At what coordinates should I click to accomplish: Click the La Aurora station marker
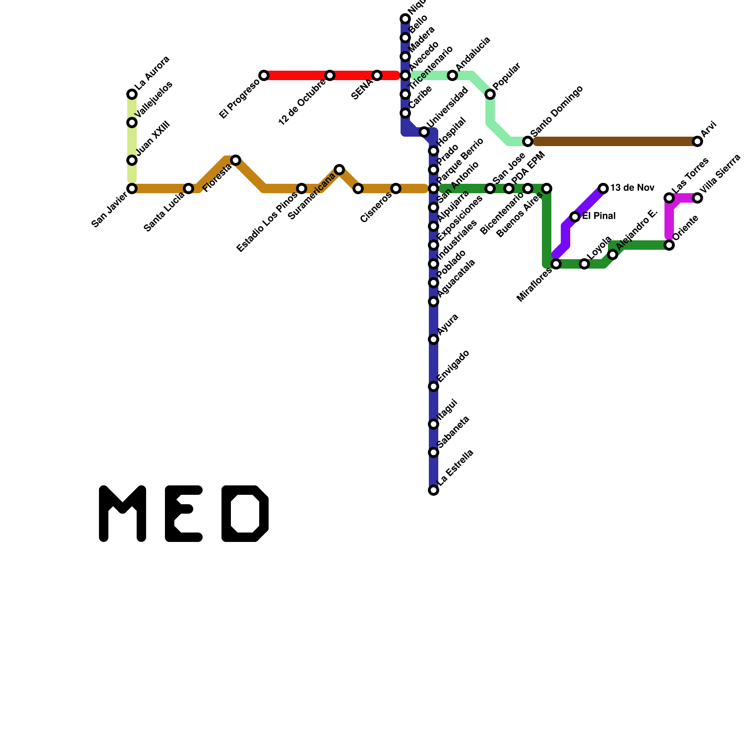pos(132,95)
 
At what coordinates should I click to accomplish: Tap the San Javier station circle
pos(132,188)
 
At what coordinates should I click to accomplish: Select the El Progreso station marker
pos(264,75)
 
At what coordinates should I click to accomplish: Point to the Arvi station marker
pos(697,141)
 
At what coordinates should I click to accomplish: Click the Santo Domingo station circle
pos(528,141)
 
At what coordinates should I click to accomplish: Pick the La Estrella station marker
pos(434,490)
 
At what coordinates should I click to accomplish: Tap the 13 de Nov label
pos(632,188)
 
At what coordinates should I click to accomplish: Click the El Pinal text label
pos(598,217)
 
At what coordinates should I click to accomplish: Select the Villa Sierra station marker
pos(697,198)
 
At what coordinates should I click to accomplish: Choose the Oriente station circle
pos(669,245)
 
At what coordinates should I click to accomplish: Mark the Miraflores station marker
pos(556,264)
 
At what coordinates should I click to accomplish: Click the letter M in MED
pos(123,514)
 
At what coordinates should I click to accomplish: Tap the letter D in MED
pos(245,514)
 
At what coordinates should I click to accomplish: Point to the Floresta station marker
pos(236,160)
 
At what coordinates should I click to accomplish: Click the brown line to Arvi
pos(613,141)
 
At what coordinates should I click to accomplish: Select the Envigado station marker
pos(434,386)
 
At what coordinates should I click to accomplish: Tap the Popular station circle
pos(490,94)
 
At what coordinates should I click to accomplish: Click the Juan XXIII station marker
pos(132,160)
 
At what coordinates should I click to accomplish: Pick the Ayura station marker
pos(434,339)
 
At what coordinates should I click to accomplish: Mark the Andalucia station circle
pos(452,75)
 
